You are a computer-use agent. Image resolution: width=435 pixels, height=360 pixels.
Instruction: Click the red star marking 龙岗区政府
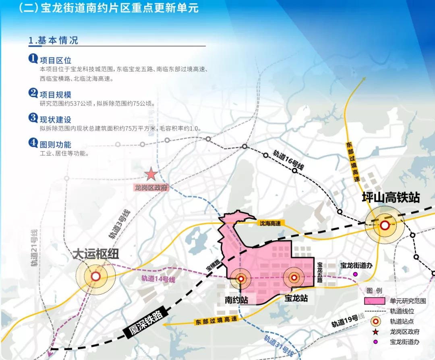[x=151, y=174]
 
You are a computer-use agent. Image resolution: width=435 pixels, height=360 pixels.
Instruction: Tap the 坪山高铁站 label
[x=391, y=198]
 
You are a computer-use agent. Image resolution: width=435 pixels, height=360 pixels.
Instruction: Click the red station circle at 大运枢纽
[x=96, y=277]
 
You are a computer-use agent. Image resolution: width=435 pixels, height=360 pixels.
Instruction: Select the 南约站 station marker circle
[x=241, y=279]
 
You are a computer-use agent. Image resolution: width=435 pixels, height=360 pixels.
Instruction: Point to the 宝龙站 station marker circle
[x=294, y=277]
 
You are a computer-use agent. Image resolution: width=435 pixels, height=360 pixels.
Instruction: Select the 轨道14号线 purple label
[x=158, y=279]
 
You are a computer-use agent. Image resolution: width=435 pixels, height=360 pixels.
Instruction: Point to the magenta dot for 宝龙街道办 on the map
[x=355, y=274]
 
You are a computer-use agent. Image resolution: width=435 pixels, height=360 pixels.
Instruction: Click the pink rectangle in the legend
[x=376, y=301]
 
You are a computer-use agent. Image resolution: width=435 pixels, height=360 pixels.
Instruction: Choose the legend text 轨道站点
[x=402, y=321]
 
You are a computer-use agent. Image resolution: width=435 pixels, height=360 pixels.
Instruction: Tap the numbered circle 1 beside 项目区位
[x=33, y=59]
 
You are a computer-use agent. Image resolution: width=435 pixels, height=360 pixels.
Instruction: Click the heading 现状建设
[x=55, y=119]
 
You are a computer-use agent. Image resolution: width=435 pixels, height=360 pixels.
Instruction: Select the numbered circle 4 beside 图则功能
[x=33, y=143]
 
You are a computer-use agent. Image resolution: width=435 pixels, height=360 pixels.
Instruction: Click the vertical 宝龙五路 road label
[x=320, y=273]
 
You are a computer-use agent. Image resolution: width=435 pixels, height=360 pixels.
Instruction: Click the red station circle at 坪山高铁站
[x=385, y=225]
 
